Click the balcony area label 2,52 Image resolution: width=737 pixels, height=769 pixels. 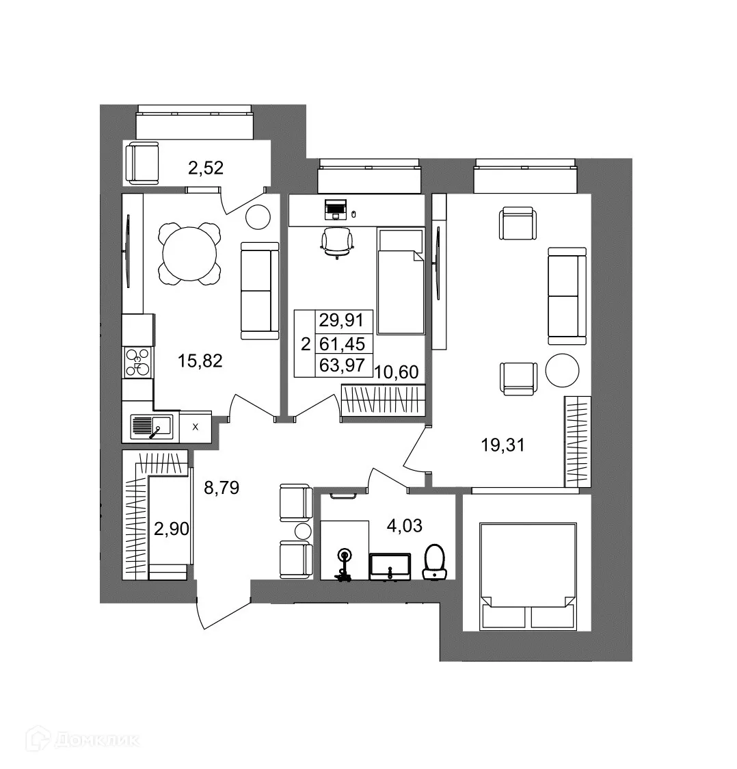(x=206, y=168)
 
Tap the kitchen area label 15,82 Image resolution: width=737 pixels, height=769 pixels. (x=200, y=361)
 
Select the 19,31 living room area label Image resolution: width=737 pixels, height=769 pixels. (x=502, y=445)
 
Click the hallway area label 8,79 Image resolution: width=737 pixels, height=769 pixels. (x=222, y=488)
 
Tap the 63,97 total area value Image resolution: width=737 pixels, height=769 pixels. (x=346, y=365)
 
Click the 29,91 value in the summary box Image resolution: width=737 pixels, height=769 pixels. (x=346, y=320)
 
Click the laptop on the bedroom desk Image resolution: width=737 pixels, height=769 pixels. (x=336, y=208)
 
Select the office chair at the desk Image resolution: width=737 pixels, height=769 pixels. (x=337, y=242)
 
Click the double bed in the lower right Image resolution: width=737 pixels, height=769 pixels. (x=526, y=575)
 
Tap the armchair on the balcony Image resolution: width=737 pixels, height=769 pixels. (x=142, y=162)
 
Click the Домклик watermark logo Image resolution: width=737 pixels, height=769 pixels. (x=81, y=740)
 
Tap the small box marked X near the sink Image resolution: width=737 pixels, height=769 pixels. (x=196, y=427)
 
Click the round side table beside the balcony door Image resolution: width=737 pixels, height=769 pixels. (x=259, y=217)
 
